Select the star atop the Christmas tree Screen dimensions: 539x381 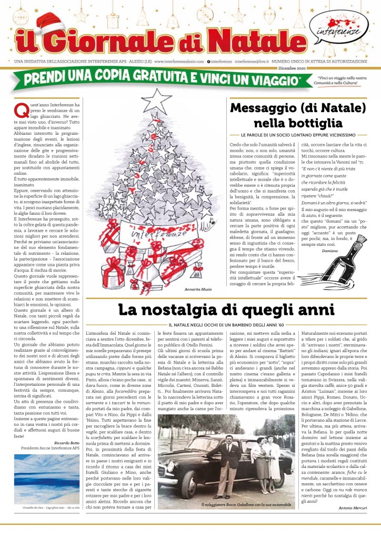click(x=156, y=99)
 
